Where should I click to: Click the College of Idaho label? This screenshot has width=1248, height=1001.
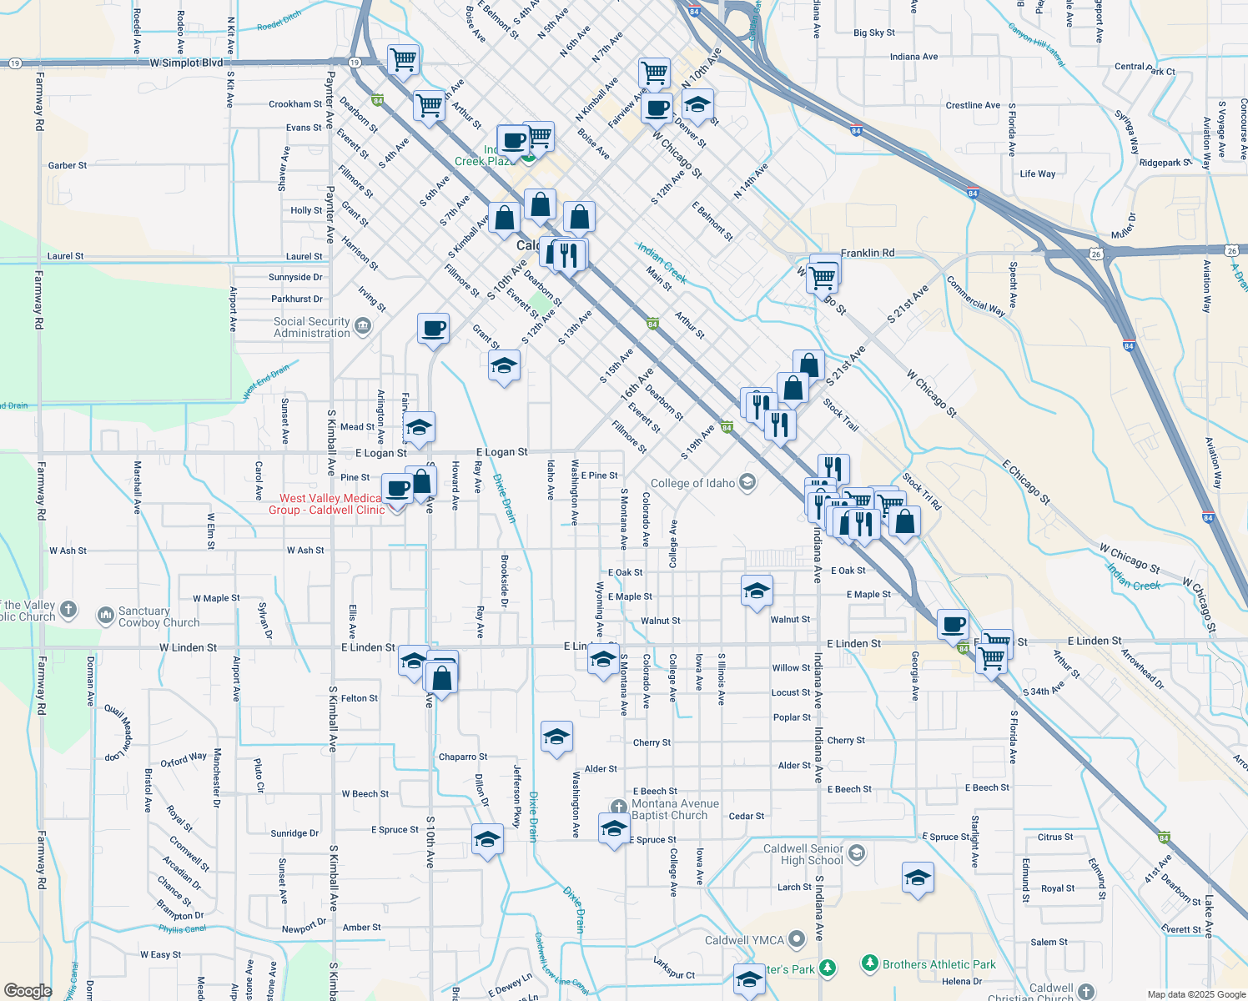pyautogui.click(x=693, y=483)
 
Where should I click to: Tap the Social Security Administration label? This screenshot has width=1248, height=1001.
pyautogui.click(x=312, y=327)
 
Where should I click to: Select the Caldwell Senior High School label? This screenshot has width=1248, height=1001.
pyautogui.click(x=803, y=854)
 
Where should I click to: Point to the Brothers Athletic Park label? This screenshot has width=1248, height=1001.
pyautogui.click(x=939, y=964)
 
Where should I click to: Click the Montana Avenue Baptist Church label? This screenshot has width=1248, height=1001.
pyautogui.click(x=669, y=809)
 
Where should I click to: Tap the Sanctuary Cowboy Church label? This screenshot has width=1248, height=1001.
pyautogui.click(x=159, y=616)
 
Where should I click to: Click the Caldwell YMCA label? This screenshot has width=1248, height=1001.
pyautogui.click(x=744, y=940)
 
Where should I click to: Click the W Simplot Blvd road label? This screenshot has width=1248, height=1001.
pyautogui.click(x=187, y=63)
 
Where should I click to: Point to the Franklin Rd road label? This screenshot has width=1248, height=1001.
pyautogui.click(x=867, y=253)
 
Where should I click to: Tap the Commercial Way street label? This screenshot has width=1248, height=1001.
pyautogui.click(x=975, y=295)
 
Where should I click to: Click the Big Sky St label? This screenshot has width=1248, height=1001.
pyautogui.click(x=873, y=33)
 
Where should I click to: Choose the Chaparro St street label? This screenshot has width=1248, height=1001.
pyautogui.click(x=463, y=757)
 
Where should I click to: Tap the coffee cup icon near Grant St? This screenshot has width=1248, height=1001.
pyautogui.click(x=433, y=328)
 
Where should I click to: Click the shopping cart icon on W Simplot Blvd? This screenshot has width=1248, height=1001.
pyautogui.click(x=404, y=60)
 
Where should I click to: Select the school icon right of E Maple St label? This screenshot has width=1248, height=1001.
pyautogui.click(x=757, y=591)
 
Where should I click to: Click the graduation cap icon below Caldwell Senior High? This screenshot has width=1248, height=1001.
pyautogui.click(x=918, y=878)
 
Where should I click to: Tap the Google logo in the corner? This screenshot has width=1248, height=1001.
pyautogui.click(x=28, y=990)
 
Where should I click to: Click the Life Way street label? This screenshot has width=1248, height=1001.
pyautogui.click(x=1037, y=174)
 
